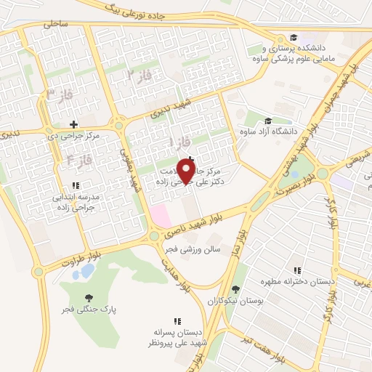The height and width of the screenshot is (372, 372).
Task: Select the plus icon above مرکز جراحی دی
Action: tap(73, 124)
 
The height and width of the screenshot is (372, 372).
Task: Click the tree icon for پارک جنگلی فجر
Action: tap(89, 298)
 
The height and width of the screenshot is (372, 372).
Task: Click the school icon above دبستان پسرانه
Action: tap(177, 320)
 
